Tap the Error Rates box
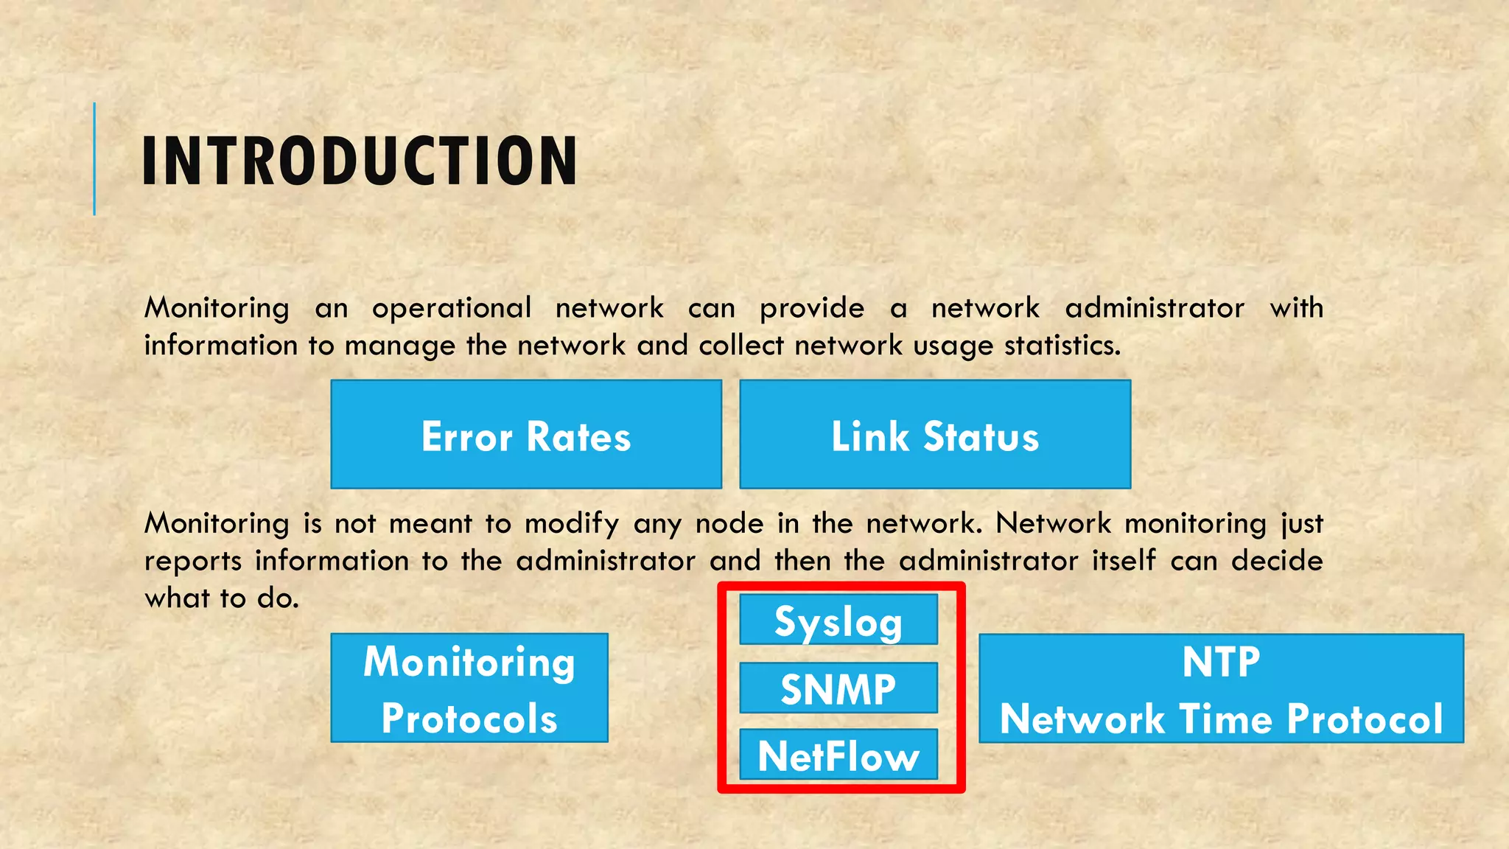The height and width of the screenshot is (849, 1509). [x=526, y=434]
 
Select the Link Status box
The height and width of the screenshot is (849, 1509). [x=935, y=434]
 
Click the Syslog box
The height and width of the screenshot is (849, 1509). [x=838, y=621]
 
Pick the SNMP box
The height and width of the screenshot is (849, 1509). [x=838, y=688]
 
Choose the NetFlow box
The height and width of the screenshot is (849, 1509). [x=838, y=755]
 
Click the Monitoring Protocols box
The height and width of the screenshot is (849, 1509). [x=469, y=688]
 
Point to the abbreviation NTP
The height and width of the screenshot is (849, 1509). [x=1221, y=661]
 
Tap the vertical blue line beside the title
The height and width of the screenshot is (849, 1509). [x=94, y=159]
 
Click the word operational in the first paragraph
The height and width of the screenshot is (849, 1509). [x=451, y=308]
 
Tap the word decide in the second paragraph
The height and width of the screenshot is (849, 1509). [x=1277, y=561]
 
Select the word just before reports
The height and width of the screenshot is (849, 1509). [x=1302, y=524]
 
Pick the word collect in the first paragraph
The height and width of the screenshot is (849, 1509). [x=741, y=345]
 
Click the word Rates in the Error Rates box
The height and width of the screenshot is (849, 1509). [x=578, y=436]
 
